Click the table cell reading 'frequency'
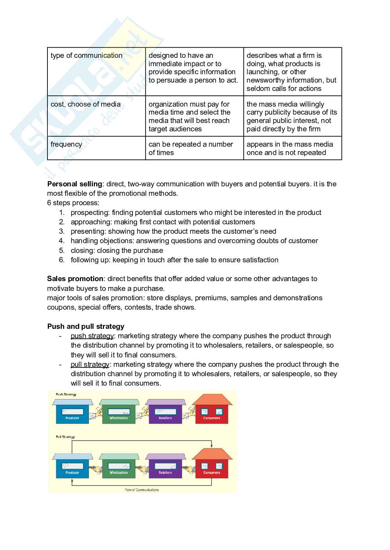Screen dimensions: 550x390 click(66, 145)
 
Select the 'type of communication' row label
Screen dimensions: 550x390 click(87, 56)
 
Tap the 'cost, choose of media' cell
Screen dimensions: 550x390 click(85, 104)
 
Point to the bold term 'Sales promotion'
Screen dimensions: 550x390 click(75, 279)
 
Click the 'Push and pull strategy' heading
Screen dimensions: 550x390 click(86, 326)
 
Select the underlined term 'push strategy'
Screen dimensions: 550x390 click(92, 336)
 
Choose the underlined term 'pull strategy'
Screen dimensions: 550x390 click(90, 364)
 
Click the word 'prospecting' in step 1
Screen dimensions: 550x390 click(90, 212)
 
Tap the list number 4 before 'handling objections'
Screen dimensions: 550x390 click(62, 241)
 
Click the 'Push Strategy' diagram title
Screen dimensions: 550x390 click(66, 395)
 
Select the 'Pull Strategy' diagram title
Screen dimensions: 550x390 click(65, 437)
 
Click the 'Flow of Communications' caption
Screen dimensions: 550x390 click(142, 490)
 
